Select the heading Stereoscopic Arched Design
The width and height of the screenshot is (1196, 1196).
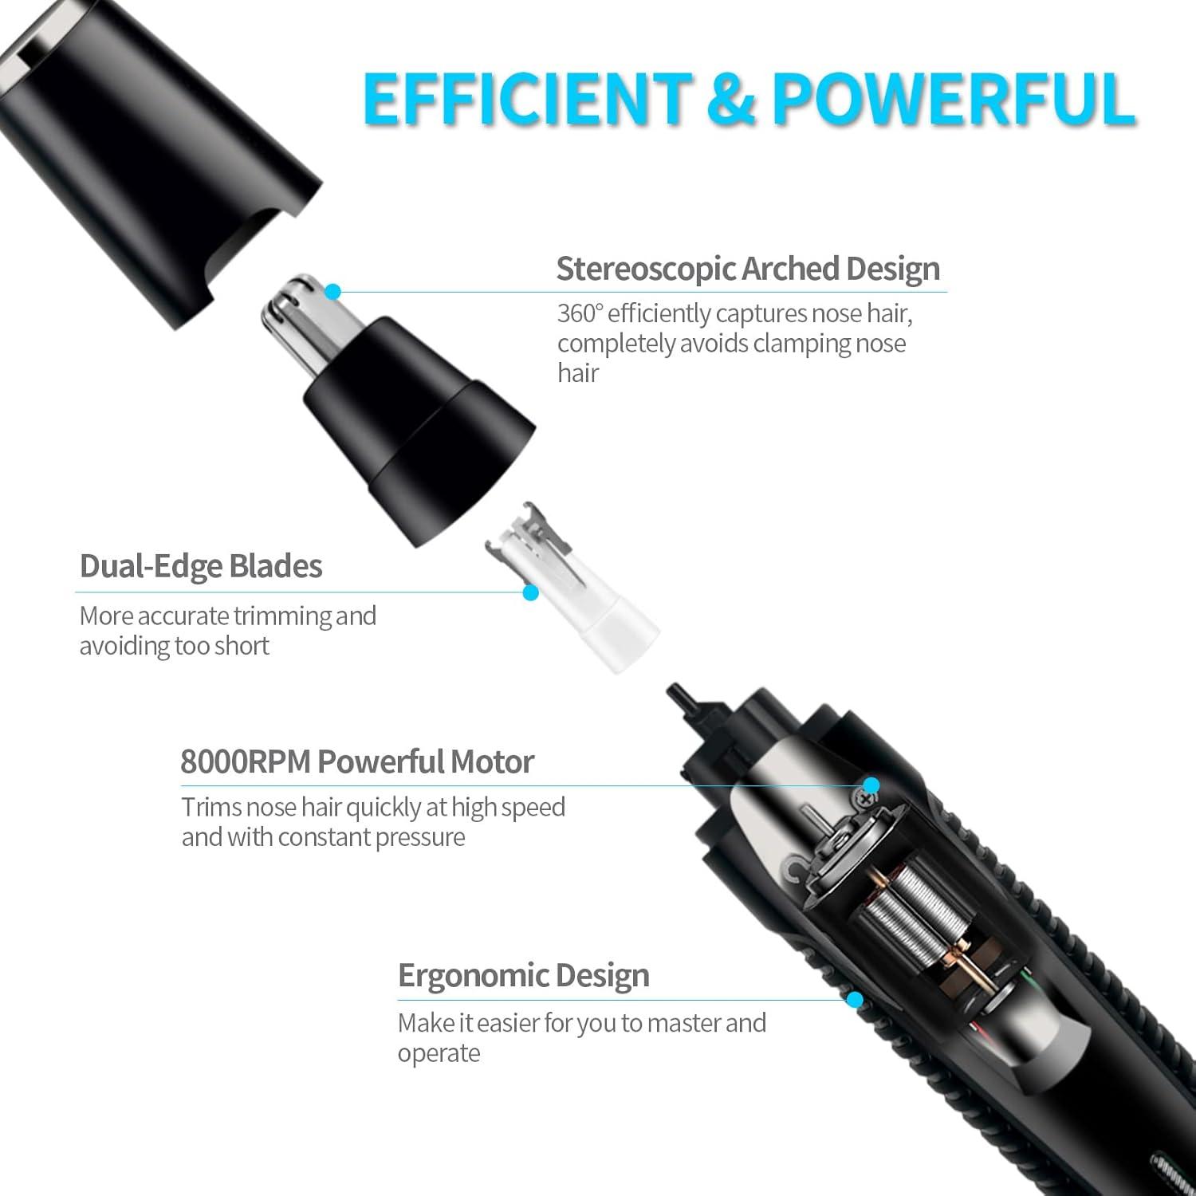click(x=748, y=269)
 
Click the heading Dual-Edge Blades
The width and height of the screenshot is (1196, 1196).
click(x=201, y=566)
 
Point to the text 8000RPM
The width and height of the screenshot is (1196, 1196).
click(x=245, y=761)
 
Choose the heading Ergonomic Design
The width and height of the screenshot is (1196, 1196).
click(x=524, y=975)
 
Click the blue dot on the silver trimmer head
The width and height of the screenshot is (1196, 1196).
click(x=333, y=292)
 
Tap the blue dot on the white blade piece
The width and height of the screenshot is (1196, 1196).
click(x=531, y=592)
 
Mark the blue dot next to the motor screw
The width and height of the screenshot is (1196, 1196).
click(x=871, y=785)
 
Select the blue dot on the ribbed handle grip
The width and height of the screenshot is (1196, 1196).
click(x=856, y=999)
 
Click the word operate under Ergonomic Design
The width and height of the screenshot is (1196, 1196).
click(x=439, y=1054)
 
